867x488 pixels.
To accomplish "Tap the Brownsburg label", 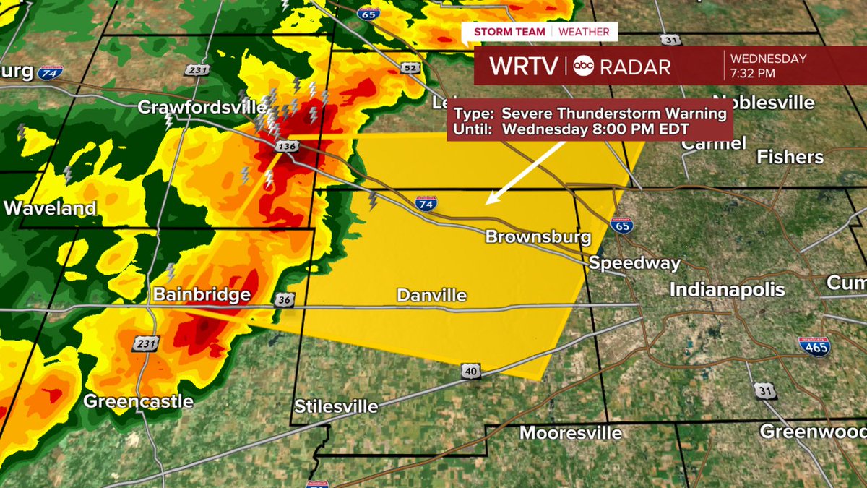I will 538,236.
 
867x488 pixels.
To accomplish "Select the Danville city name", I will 431,295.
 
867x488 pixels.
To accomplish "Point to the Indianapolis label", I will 727,290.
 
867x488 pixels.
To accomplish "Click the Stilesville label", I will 337,406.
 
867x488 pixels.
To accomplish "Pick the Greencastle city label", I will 138,401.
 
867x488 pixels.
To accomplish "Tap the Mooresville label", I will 571,432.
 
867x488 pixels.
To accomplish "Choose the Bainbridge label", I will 202,295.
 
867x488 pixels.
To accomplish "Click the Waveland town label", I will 50,208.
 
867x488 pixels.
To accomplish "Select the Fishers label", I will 790,157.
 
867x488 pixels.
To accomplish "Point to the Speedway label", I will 634,262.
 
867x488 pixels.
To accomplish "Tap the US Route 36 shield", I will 283,300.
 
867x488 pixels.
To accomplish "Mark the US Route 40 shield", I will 473,371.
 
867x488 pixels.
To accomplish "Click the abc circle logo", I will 583,67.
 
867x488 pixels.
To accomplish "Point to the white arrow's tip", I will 486,203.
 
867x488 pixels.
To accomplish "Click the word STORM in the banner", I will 491,32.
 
